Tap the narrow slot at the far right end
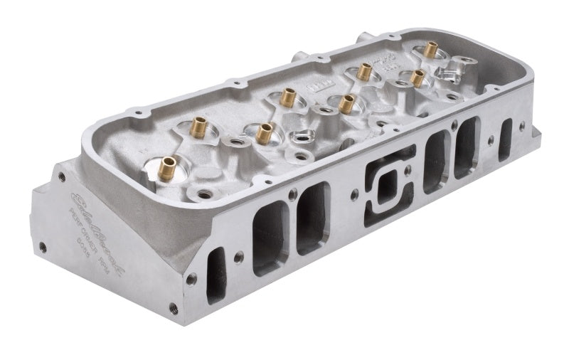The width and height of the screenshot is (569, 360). (x=506, y=137)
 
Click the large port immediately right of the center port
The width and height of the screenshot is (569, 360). (x=435, y=161)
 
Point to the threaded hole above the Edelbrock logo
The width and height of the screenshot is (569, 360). (x=56, y=176)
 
